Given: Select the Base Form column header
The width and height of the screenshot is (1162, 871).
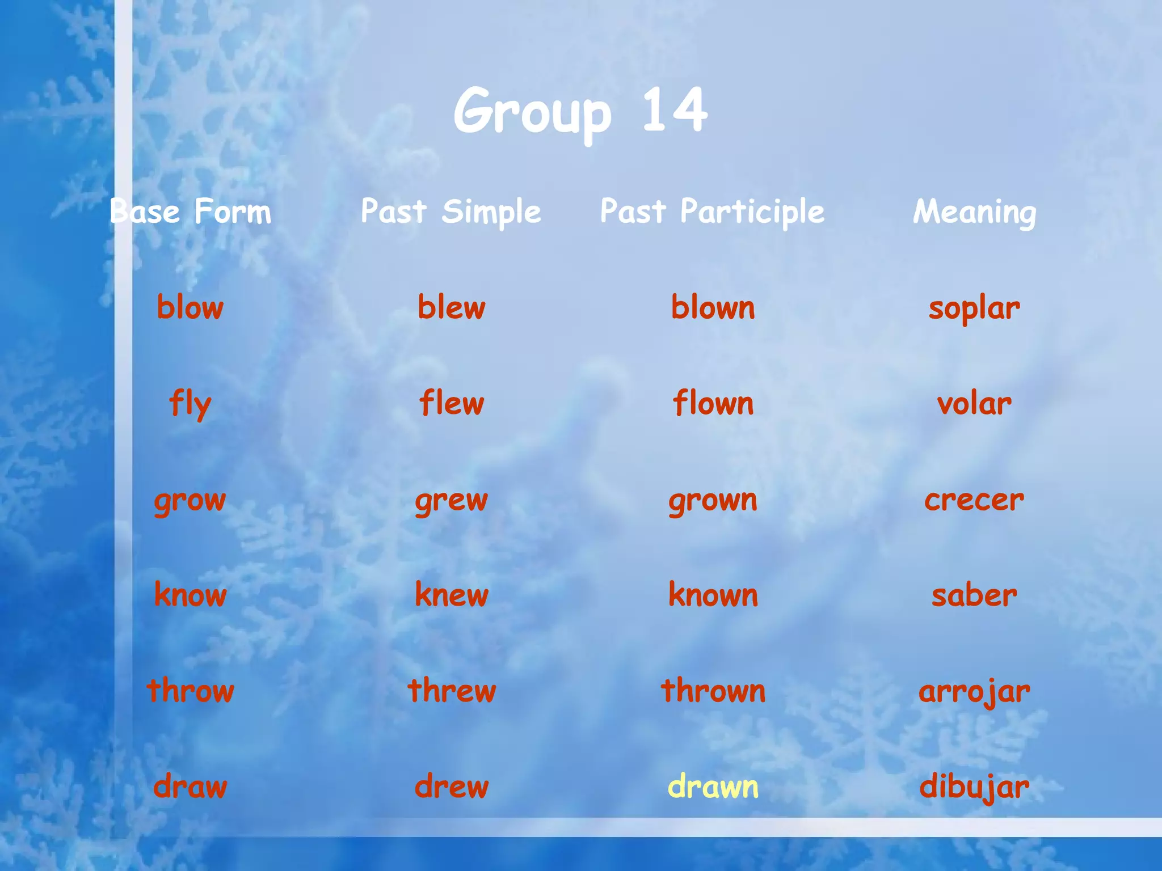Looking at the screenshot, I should click(191, 212).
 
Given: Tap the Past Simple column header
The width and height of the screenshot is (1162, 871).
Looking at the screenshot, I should click(451, 212).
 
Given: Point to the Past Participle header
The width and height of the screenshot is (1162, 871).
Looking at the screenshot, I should click(712, 212).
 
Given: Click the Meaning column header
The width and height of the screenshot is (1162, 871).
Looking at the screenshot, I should click(974, 212).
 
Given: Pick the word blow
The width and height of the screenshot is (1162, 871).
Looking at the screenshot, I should click(190, 307).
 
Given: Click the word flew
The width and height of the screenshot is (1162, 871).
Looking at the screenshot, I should click(452, 403).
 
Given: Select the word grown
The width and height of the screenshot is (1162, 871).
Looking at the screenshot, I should click(713, 500).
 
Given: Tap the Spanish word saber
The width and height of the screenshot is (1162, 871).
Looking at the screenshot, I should click(974, 595).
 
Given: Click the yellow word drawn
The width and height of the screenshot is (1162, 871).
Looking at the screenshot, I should click(713, 787).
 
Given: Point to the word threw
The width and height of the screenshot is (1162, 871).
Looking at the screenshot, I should click(452, 691).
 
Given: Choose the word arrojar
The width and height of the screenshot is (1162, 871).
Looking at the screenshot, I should click(974, 692).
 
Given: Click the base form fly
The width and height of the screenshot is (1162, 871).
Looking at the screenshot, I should click(190, 404).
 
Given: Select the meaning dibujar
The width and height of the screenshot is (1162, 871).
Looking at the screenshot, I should click(974, 787).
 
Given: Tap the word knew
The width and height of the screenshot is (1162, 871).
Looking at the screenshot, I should click(452, 595).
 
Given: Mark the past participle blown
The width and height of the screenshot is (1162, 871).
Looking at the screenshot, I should click(713, 307).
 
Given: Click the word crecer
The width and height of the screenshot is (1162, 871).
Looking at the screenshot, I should click(974, 500).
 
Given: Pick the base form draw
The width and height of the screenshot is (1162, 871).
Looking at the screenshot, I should click(190, 787).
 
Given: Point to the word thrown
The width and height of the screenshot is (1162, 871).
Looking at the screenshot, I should click(713, 691).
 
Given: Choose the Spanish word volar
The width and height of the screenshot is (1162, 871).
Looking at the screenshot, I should click(974, 404).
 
